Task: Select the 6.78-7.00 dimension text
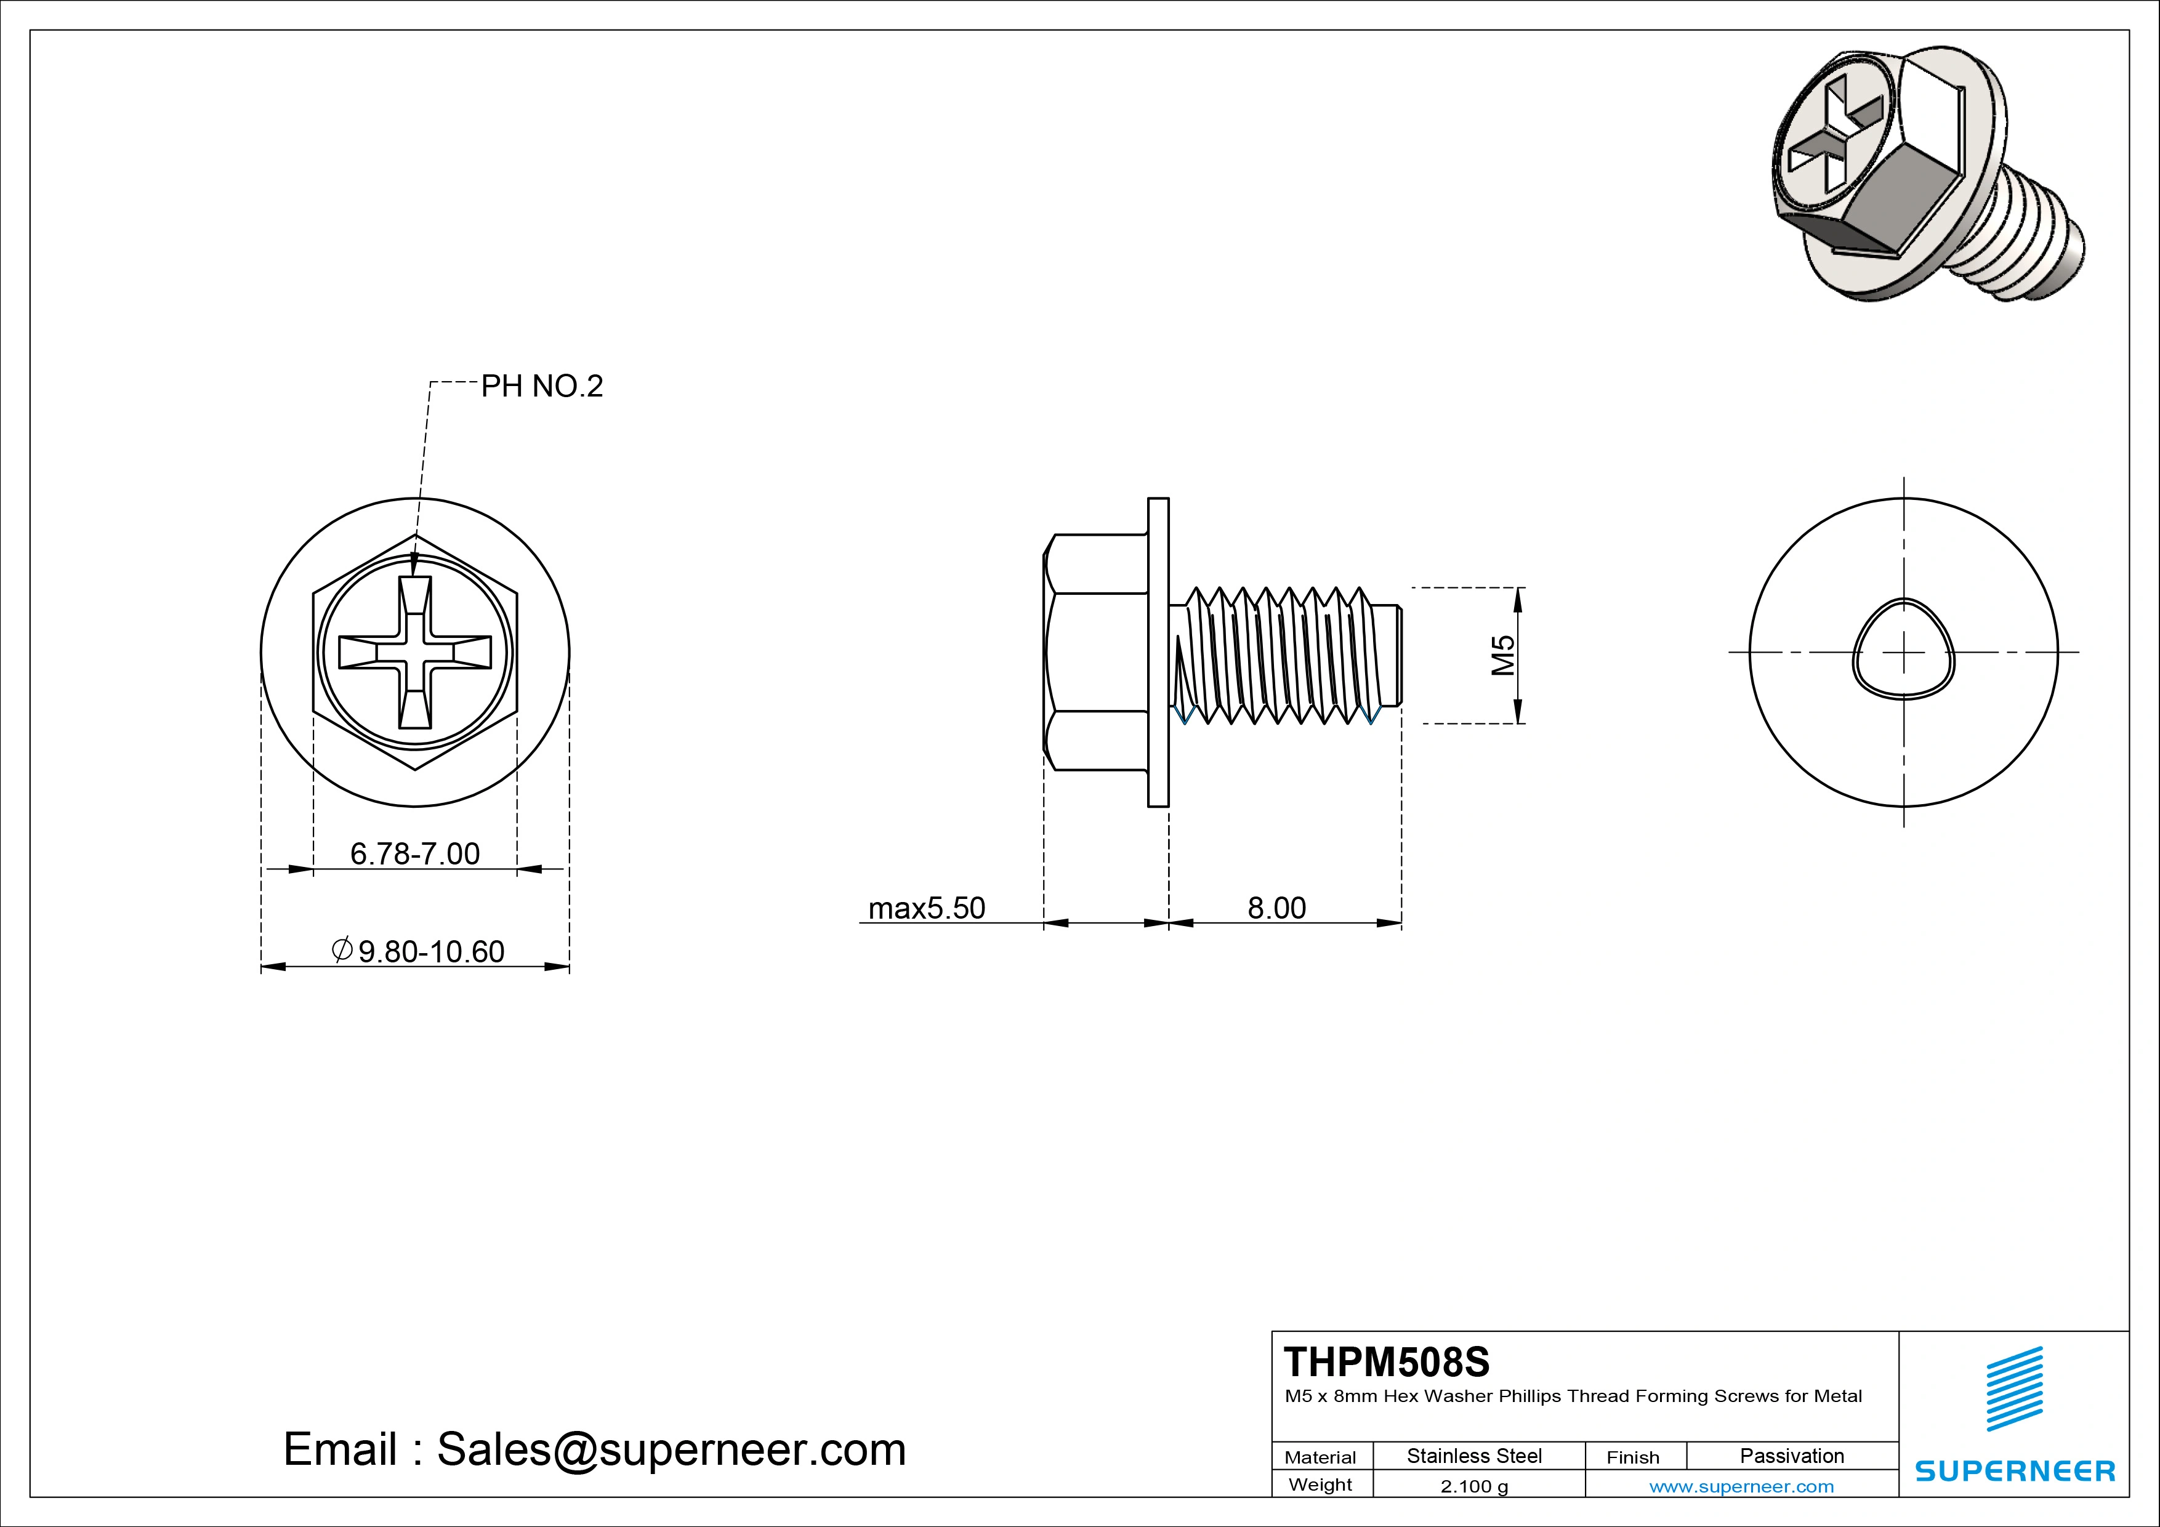(x=415, y=853)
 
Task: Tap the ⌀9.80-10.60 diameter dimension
(x=419, y=951)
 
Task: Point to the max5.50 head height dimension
(x=927, y=908)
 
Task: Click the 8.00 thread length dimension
(x=1276, y=908)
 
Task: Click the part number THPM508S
(x=1387, y=1361)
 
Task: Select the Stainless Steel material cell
(x=1474, y=1456)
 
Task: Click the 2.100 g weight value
(x=1474, y=1486)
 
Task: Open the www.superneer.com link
(x=1741, y=1486)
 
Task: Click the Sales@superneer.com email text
(x=671, y=1449)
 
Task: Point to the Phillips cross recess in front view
(x=415, y=652)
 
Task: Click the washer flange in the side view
(x=1158, y=652)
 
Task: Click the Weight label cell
(x=1320, y=1485)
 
